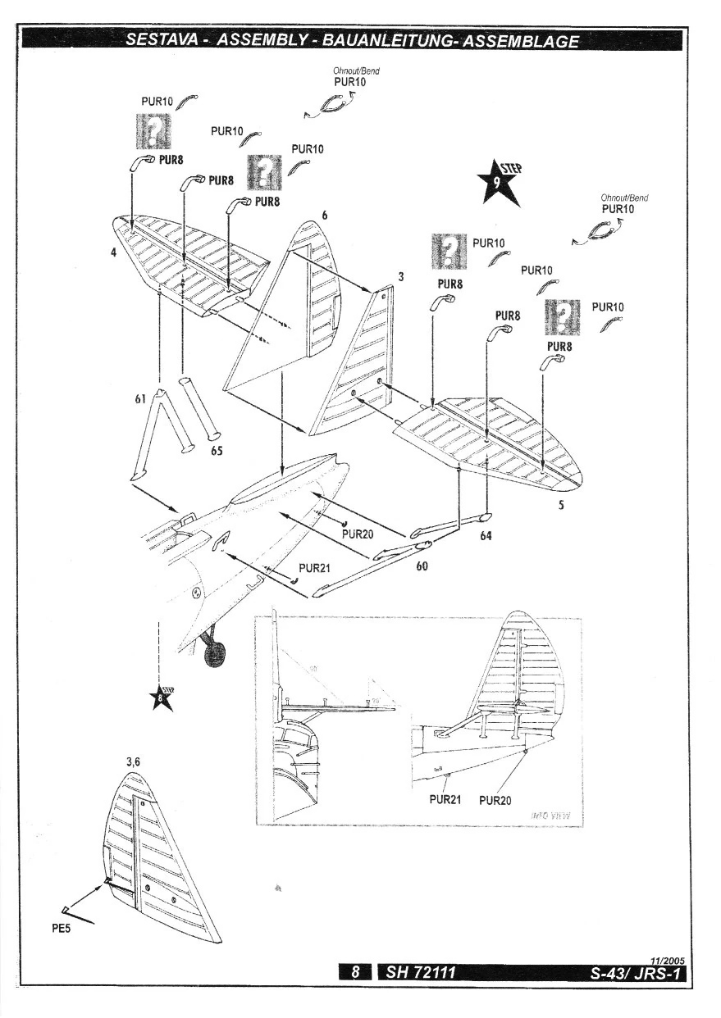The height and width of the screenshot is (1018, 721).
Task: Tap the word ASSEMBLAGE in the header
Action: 521,40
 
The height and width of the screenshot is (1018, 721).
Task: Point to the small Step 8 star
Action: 161,698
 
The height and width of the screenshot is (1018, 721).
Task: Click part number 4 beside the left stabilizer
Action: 115,253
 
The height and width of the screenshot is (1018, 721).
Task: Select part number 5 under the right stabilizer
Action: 561,506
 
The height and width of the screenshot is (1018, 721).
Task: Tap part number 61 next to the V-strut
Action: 140,398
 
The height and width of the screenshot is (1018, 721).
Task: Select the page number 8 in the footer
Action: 356,973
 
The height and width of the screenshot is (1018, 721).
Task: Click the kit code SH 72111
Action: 416,973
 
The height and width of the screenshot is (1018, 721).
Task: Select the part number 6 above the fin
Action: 325,216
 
